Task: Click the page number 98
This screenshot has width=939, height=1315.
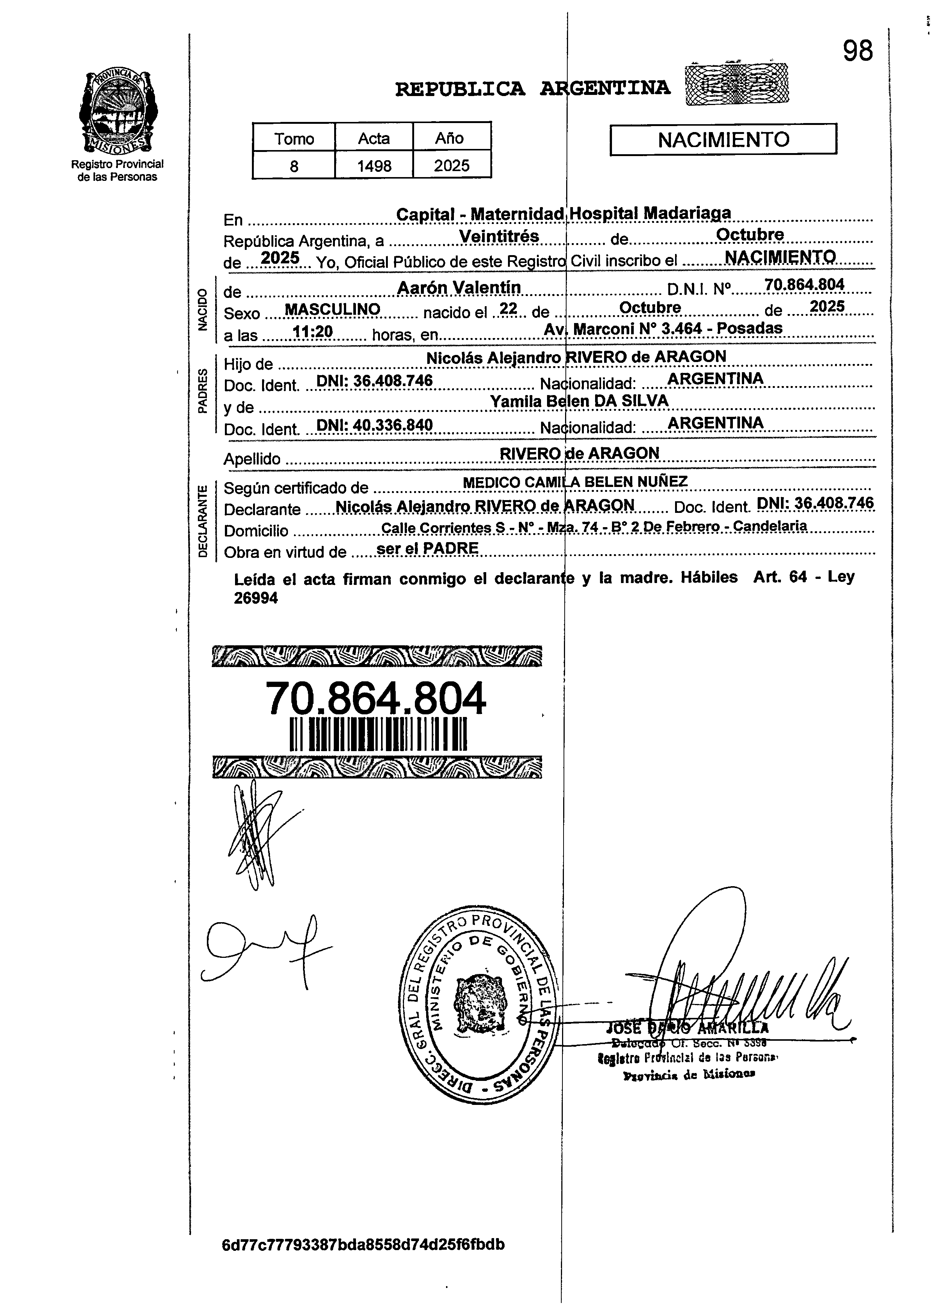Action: tap(858, 51)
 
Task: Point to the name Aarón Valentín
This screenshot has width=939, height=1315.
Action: tap(459, 287)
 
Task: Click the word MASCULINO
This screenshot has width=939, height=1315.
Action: tap(333, 310)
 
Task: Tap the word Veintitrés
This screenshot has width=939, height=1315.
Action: tap(499, 236)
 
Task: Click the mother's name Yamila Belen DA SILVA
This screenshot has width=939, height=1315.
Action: tap(579, 401)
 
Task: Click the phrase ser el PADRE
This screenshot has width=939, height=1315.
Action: tap(427, 548)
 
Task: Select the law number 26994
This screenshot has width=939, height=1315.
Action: tap(256, 598)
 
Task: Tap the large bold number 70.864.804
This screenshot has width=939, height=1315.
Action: tap(376, 699)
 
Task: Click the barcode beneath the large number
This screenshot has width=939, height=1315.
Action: tap(378, 735)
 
